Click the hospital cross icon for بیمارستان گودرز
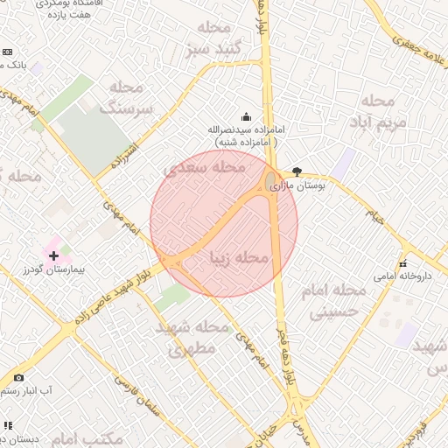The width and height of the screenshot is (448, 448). [54, 255]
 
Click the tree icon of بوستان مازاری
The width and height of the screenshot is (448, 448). [297, 172]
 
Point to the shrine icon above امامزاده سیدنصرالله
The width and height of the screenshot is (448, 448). [246, 116]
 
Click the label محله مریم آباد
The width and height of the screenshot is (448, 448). [383, 110]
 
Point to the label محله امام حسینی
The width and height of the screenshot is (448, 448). [337, 299]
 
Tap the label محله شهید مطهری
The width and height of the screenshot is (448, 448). [192, 338]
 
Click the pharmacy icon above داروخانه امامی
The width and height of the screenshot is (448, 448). [402, 263]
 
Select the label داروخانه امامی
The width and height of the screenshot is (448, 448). [393, 276]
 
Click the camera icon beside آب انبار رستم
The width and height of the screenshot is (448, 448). [19, 377]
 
